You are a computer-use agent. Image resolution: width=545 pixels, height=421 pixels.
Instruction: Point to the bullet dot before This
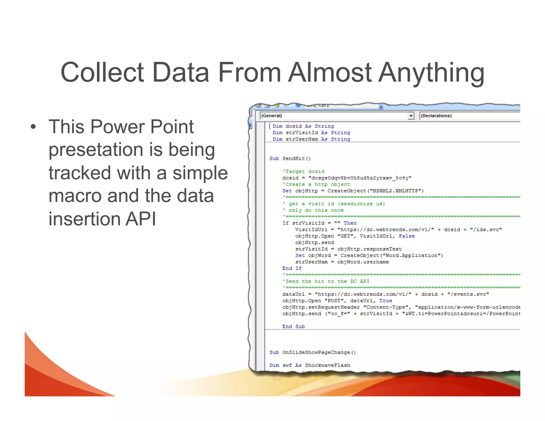[x=33, y=127]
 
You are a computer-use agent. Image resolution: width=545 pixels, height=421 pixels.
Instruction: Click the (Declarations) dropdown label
[x=436, y=116]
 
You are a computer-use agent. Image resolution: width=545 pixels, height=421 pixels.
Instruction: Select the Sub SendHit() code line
[x=290, y=159]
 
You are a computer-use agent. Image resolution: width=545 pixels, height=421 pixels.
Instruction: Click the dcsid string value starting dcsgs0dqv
[x=360, y=178]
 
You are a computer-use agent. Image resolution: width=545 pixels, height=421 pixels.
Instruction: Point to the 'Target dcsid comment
[x=303, y=171]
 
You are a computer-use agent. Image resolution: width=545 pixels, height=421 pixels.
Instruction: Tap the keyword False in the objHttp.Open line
[x=407, y=236]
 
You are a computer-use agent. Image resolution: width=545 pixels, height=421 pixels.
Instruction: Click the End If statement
[x=292, y=268]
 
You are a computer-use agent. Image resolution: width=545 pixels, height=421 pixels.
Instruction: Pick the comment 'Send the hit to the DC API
[x=326, y=281]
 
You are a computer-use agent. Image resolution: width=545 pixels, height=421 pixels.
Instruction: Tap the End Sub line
[x=294, y=327]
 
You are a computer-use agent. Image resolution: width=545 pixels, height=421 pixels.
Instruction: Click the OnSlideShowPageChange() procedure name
[x=319, y=352]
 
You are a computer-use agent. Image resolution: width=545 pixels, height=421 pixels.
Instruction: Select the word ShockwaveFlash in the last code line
[x=327, y=365]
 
